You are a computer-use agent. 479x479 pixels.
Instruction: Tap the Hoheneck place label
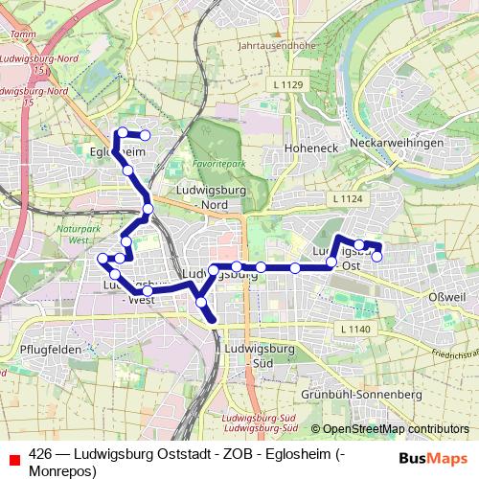tap(308, 148)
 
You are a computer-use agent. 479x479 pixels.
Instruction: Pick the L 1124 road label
tap(351, 198)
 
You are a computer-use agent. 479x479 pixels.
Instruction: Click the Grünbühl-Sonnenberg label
tap(361, 394)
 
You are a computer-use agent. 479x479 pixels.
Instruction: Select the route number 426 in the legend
tap(40, 456)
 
